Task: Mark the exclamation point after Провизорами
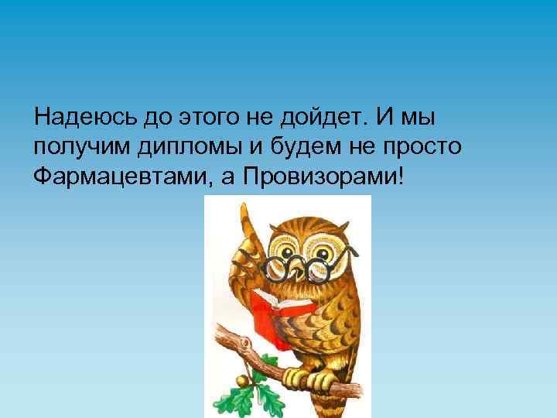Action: (399, 177)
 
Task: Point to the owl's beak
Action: (298, 272)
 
